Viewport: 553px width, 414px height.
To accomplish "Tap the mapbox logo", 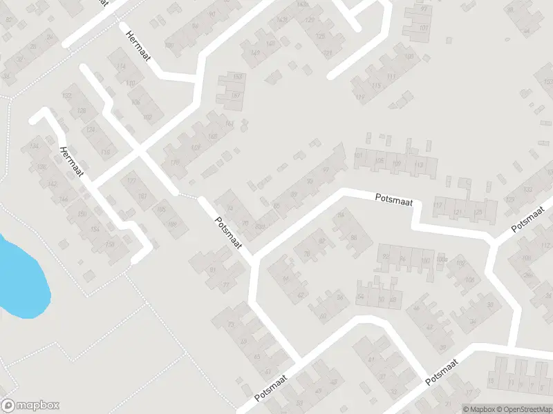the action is pos(30,406).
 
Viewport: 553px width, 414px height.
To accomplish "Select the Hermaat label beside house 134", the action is pos(71,162).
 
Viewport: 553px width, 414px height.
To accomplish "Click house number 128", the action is pos(82,111).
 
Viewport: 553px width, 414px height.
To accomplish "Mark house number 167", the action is pos(236,95).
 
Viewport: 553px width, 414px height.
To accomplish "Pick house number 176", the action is pos(175,163).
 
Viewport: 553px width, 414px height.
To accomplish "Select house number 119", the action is pos(359,97).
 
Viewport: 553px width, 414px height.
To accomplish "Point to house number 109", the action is pos(397,164).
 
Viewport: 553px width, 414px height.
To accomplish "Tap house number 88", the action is pos(354,237).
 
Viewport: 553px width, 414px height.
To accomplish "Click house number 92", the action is pos(385,257).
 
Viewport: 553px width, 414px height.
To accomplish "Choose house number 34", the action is pos(473,322).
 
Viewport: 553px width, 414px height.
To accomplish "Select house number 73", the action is pos(231,323).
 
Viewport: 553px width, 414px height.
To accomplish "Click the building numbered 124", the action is pos(90,129).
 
